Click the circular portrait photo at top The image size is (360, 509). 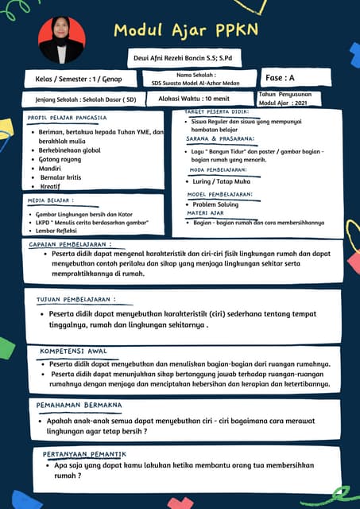(x=61, y=40)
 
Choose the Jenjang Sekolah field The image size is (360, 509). (x=80, y=100)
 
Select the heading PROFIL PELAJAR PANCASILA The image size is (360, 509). (x=67, y=118)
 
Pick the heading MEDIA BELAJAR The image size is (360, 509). (x=51, y=201)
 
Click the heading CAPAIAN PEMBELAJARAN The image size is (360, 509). (x=70, y=244)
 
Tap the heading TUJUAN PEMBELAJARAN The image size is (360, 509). (x=75, y=300)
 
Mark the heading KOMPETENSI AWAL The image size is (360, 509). (x=73, y=351)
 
